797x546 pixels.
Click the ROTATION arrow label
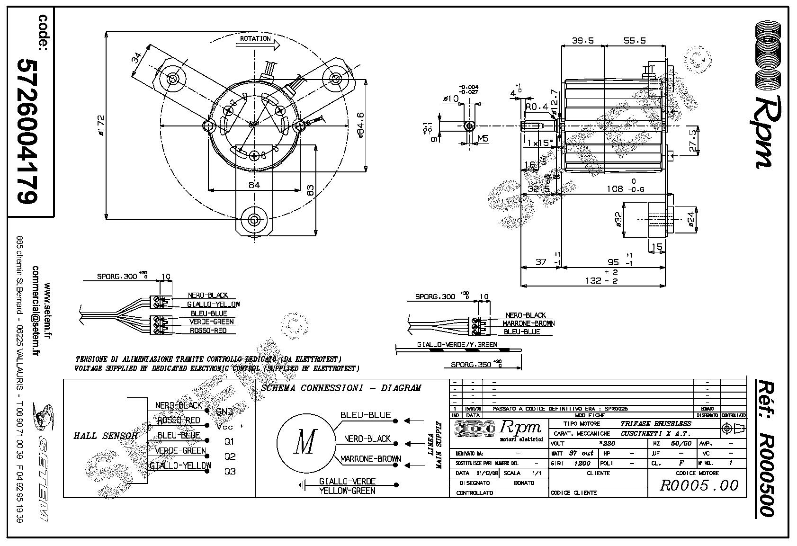tap(255, 38)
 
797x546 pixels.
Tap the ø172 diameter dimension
tap(100, 125)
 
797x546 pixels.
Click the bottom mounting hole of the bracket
tap(254, 220)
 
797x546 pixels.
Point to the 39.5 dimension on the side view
tap(582, 41)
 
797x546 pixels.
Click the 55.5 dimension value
tap(635, 41)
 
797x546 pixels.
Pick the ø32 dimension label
tap(618, 220)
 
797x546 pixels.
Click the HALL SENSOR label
tap(105, 436)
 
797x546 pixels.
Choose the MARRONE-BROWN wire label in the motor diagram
tap(371, 459)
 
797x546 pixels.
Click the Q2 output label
tap(230, 457)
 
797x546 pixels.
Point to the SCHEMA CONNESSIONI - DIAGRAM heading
tap(340, 388)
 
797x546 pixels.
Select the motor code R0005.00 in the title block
tap(699, 485)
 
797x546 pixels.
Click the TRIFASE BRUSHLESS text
tap(656, 423)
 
